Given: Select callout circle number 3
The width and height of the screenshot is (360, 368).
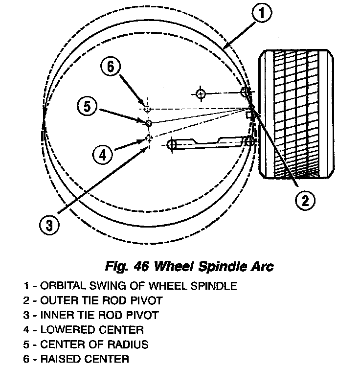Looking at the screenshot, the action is [x=49, y=225].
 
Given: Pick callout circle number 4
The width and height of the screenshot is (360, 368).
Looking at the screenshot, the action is [x=102, y=155].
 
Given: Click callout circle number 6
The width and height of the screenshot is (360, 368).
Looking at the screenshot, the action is [x=111, y=67].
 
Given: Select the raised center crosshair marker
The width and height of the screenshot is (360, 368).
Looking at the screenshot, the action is [x=146, y=108].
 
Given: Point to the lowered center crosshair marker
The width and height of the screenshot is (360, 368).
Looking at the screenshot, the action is [x=149, y=138].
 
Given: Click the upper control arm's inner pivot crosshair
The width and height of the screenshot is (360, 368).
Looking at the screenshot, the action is [x=201, y=93].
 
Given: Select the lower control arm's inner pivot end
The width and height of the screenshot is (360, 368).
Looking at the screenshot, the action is [x=172, y=144].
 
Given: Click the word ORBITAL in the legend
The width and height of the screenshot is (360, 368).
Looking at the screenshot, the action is [x=61, y=286].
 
